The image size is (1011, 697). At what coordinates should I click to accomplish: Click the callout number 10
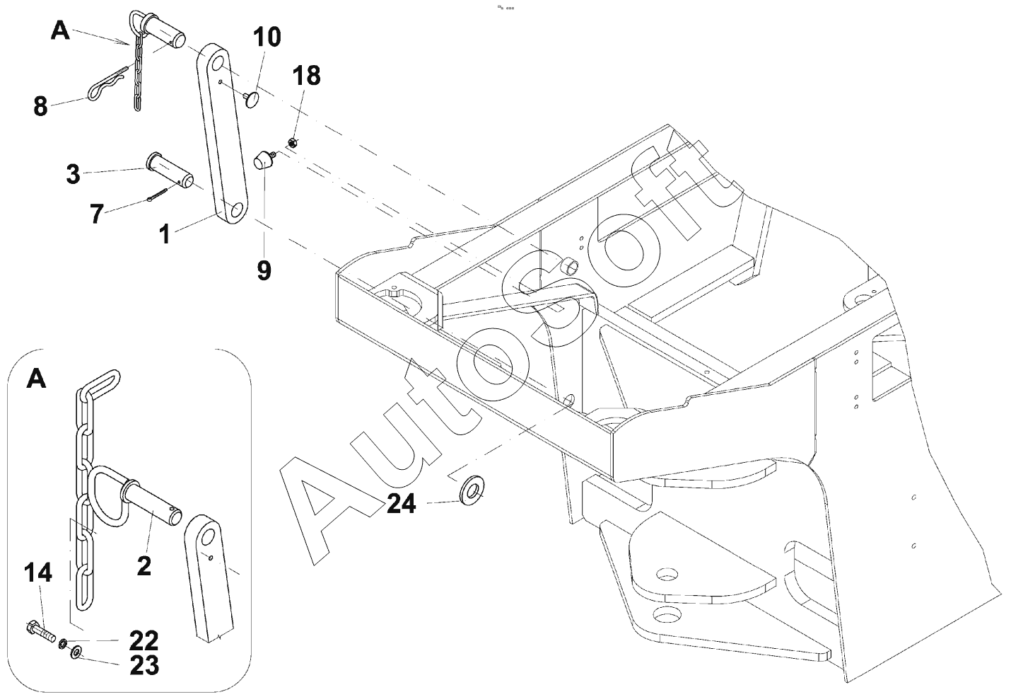click(267, 37)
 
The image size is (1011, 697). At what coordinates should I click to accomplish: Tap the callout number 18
click(306, 76)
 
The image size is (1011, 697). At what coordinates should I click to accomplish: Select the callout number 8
click(40, 107)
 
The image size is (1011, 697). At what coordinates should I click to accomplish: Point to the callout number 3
click(73, 174)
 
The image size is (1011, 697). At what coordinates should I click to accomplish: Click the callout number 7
click(97, 214)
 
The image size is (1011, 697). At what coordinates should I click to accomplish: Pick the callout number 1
click(165, 234)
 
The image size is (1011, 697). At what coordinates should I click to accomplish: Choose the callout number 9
click(264, 270)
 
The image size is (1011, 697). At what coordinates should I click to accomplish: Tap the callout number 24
click(402, 503)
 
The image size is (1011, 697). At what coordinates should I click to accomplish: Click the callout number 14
click(38, 572)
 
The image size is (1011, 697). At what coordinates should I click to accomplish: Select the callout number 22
click(144, 640)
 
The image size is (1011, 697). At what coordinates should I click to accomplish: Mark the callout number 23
click(144, 665)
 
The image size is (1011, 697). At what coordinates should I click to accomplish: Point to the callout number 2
click(144, 565)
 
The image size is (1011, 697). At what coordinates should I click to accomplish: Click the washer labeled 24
click(472, 490)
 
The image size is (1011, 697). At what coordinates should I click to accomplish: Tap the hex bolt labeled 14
click(40, 632)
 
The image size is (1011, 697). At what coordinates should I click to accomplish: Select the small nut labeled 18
click(291, 143)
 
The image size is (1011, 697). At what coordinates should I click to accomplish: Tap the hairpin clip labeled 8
click(108, 84)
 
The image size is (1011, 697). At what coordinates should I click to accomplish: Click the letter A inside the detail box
click(37, 379)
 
